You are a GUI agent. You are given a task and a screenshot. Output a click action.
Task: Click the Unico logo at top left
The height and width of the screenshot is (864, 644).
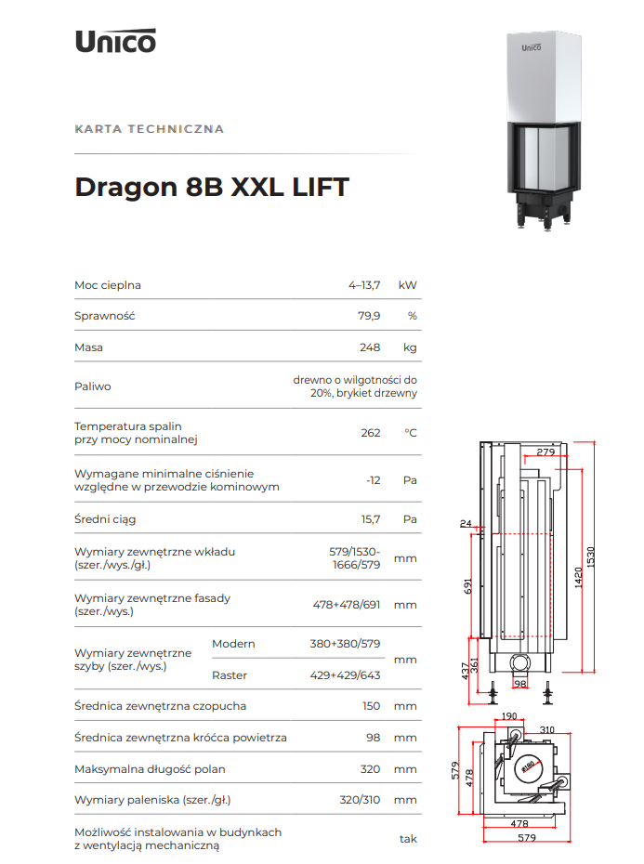tap(116, 41)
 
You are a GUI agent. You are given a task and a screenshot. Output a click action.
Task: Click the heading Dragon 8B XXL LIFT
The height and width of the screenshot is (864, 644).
tap(212, 187)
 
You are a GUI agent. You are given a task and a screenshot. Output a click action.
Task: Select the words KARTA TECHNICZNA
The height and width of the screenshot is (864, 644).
tap(150, 129)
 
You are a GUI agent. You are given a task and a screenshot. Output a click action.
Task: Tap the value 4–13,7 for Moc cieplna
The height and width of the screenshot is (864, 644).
tap(364, 285)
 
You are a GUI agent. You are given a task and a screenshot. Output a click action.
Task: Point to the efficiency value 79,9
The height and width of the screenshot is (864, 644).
tap(369, 316)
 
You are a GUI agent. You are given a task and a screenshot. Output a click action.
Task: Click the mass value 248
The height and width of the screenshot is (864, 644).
tap(370, 347)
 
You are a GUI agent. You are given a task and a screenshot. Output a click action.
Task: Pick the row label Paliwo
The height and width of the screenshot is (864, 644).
tap(93, 386)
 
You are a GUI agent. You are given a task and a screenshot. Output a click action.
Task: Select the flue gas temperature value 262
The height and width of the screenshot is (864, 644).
tap(371, 433)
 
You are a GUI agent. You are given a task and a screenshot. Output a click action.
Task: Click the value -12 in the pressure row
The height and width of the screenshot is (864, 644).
tap(374, 480)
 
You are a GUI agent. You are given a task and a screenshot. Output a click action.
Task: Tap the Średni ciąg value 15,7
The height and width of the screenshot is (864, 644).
tap(371, 519)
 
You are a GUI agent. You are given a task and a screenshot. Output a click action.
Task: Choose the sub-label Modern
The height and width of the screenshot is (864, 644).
tap(233, 644)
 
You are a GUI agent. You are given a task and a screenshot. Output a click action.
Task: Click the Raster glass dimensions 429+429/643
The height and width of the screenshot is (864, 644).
tap(345, 675)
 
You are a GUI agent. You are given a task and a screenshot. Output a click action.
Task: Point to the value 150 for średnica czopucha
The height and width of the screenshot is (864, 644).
tap(371, 706)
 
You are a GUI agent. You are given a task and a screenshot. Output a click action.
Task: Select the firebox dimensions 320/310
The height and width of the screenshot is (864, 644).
tap(360, 800)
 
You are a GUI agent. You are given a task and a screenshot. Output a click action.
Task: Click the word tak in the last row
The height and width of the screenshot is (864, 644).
tap(408, 839)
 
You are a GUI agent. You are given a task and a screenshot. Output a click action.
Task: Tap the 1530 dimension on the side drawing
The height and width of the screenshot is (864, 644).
tap(591, 556)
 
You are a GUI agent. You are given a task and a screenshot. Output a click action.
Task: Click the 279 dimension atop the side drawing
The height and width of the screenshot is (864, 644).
tap(545, 452)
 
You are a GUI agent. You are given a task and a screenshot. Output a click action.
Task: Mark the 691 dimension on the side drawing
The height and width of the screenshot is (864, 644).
tap(467, 586)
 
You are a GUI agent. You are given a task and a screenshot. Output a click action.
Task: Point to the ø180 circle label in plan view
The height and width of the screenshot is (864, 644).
tap(528, 766)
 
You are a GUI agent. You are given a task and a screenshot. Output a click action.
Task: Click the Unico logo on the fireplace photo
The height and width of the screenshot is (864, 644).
tap(532, 47)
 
